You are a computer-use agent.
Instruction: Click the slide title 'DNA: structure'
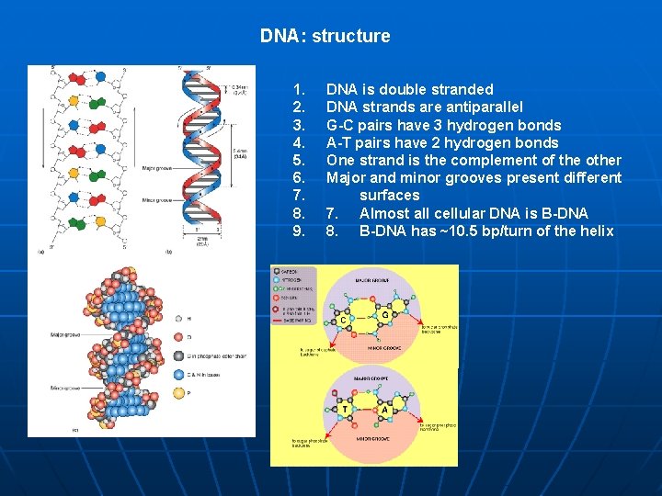coord(325,37)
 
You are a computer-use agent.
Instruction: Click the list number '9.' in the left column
coord(298,231)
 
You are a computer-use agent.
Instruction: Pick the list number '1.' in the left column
coord(298,90)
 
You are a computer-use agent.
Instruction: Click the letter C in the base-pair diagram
coord(343,321)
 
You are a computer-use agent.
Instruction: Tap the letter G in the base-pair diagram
coord(383,314)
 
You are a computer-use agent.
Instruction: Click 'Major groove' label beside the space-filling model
coord(50,334)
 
